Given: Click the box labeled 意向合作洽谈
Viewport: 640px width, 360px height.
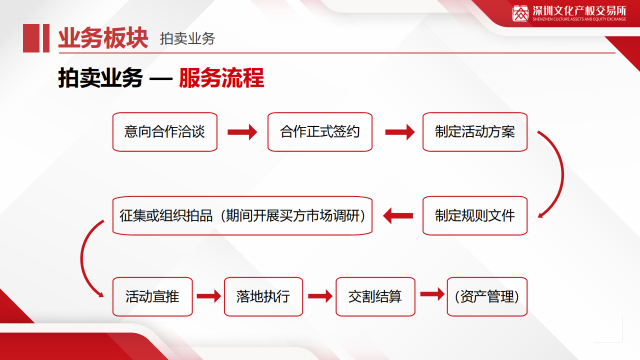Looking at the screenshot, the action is tap(165, 132).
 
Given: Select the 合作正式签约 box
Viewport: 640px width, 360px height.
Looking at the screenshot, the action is tap(319, 132).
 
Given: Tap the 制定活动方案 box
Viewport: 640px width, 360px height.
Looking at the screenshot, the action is tap(475, 132).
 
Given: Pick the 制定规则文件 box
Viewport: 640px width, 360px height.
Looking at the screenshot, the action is tap(475, 215).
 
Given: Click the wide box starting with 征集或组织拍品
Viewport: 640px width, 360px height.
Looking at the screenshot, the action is tap(242, 215).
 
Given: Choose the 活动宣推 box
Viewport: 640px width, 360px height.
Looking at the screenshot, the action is tap(152, 296).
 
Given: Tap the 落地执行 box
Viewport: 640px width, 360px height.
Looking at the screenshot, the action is tap(263, 296).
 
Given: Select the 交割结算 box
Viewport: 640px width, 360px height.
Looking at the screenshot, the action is tap(375, 296).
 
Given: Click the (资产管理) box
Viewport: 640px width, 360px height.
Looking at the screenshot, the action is tap(487, 296).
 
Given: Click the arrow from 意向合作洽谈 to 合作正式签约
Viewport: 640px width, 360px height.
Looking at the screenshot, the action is tap(242, 132).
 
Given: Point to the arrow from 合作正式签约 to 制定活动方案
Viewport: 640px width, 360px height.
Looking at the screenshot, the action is tap(400, 132).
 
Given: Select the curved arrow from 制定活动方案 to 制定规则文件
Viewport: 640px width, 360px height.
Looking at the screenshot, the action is tap(562, 175).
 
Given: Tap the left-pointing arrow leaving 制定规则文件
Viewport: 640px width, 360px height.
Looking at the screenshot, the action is tap(397, 215).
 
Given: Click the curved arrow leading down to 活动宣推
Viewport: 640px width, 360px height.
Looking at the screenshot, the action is tap(81, 258).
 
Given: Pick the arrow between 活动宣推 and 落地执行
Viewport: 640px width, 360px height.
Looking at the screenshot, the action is tap(209, 296).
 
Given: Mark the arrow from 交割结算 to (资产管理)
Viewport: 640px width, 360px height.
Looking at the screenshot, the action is tap(432, 294).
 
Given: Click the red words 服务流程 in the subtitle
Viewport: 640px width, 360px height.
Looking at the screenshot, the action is tap(221, 77).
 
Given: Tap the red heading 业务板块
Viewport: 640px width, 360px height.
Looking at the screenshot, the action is tap(103, 38).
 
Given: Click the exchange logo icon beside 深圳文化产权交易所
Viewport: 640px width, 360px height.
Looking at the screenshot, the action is tap(520, 13).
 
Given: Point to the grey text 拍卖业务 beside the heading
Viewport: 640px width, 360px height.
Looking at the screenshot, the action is tap(187, 38).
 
